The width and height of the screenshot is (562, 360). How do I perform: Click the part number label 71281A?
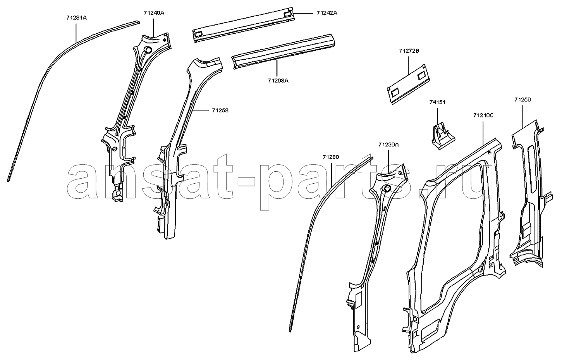pos(77,18)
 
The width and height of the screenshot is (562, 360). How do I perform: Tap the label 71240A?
pos(154,13)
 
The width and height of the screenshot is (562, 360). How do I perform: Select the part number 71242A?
pos(327,13)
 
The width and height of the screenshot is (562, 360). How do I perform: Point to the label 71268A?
pos(278,81)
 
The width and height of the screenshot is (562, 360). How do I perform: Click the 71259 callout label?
pos(220,110)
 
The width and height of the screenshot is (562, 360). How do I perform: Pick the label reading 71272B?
pos(409,51)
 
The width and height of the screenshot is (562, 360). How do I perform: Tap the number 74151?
pos(437,102)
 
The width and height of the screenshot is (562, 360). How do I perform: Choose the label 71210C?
pos(483,115)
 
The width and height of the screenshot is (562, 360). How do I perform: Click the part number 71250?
pos(522,100)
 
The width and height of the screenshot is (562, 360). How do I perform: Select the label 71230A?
pos(388,145)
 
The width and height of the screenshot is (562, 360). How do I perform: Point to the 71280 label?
pos(331,157)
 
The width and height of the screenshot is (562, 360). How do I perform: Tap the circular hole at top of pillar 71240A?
pos(148,50)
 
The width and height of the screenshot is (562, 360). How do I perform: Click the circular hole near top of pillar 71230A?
pos(387,189)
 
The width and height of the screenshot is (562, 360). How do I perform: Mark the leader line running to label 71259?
pos(201,110)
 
